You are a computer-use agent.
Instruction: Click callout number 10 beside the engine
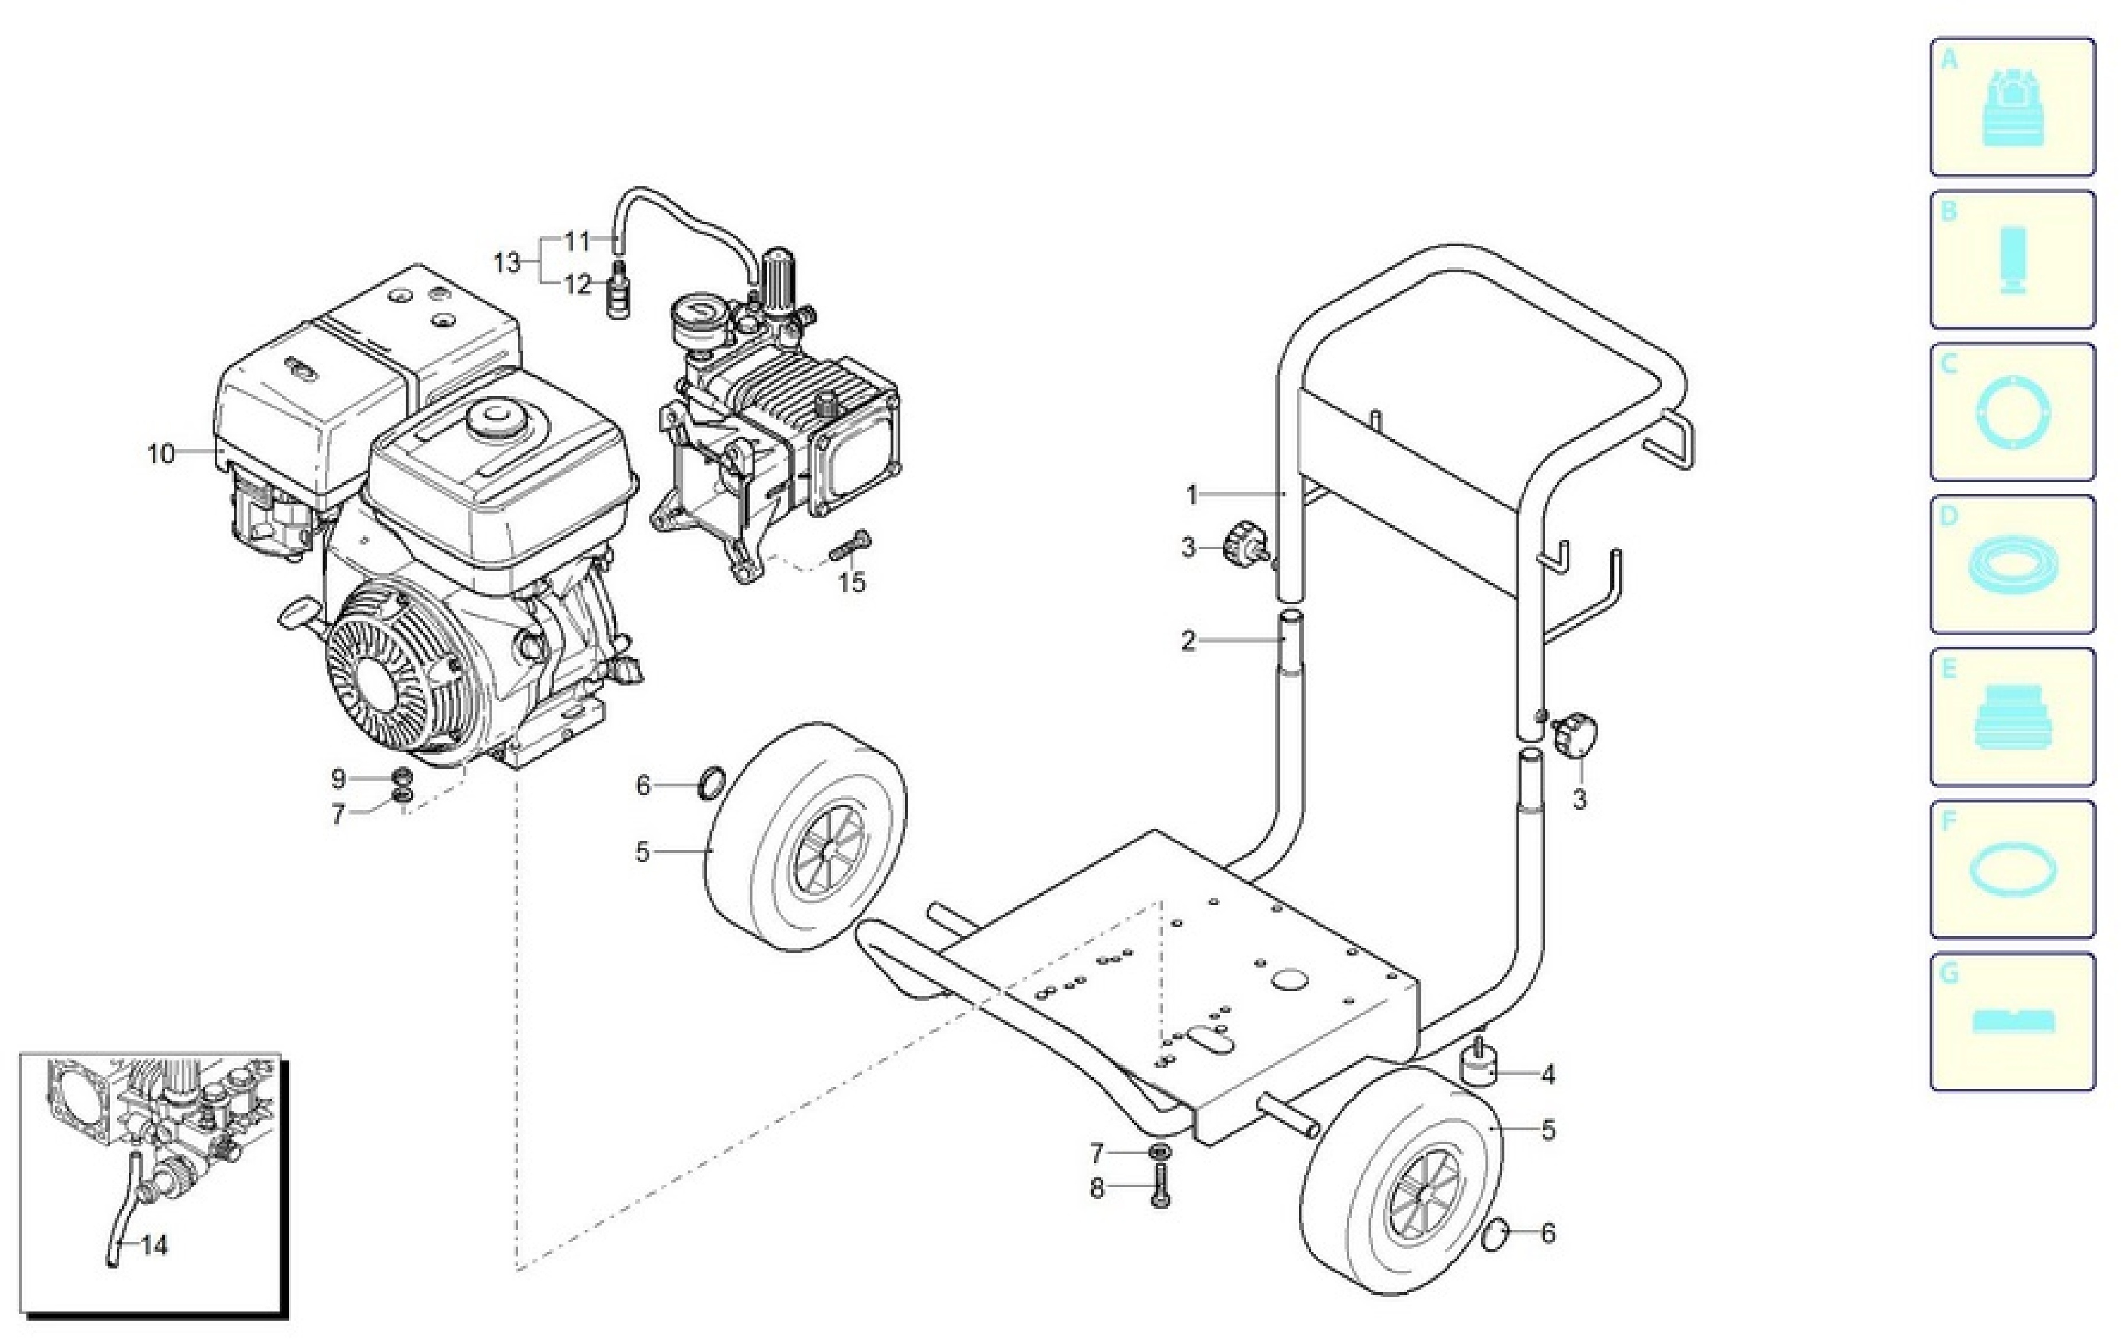(161, 455)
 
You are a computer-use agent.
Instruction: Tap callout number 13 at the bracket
(507, 263)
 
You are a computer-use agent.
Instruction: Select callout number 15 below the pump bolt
(852, 582)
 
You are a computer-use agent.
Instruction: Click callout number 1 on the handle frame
(1192, 495)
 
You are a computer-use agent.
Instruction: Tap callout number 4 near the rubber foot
(1547, 1075)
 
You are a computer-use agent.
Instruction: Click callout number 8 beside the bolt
(1097, 1189)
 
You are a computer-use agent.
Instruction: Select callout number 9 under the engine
(338, 779)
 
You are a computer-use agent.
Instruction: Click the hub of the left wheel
(822, 849)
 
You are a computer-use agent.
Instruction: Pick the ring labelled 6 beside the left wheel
(712, 783)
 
